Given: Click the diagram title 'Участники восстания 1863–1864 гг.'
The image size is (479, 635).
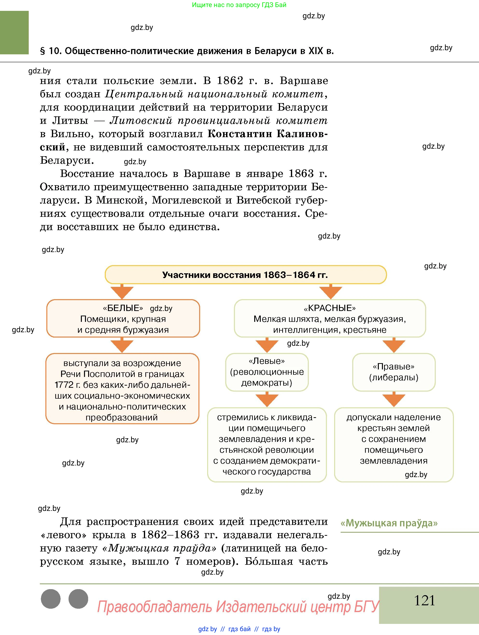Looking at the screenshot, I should tap(245, 275).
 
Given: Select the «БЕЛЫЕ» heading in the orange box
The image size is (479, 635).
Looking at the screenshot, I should tap(123, 308).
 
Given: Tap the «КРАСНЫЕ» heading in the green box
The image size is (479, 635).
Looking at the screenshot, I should tap(330, 308).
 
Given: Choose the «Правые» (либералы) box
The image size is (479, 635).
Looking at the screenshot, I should tap(394, 372).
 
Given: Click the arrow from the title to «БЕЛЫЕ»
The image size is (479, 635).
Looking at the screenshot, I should tap(122, 292).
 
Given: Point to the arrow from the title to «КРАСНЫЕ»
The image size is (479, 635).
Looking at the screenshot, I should tap(331, 292).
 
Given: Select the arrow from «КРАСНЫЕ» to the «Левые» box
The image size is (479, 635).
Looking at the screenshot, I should tap(267, 345).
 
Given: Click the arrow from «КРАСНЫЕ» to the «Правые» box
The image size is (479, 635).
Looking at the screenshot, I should tap(394, 345).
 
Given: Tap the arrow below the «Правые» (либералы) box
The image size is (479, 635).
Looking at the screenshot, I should tap(394, 399).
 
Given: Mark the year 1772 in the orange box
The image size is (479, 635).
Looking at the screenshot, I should tap(64, 385).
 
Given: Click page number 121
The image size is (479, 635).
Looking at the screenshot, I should tap(424, 600).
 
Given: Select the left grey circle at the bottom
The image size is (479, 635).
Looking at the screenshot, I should tap(51, 599).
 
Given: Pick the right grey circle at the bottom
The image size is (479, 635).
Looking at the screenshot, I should tap(78, 599).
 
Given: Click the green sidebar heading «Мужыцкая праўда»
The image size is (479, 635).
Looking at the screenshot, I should tap(389, 523).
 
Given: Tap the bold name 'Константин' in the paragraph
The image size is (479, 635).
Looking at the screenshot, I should tap(240, 134).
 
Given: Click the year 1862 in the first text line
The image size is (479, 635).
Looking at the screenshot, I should tap(230, 81).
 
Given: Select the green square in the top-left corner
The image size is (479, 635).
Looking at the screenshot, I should tap(14, 32).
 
